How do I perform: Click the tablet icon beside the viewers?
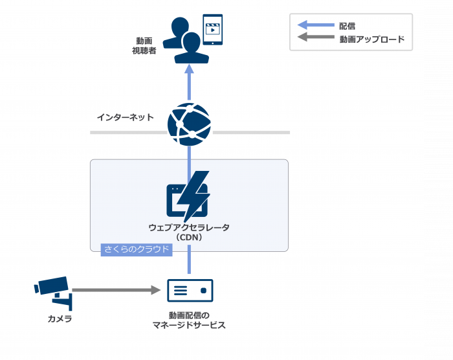coord(212,30)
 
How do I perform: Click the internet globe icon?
coord(190,124)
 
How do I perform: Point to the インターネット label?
coord(125,117)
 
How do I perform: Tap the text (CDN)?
coord(189,237)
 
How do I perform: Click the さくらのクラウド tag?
coord(137,249)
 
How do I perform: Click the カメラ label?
coord(60,319)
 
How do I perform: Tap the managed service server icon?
coord(190,291)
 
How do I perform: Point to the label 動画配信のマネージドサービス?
coord(189,320)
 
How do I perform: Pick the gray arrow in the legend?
coord(315,39)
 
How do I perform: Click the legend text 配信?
coord(347,26)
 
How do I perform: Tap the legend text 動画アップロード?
coord(371,39)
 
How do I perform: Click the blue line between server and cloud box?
coord(190,264)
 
